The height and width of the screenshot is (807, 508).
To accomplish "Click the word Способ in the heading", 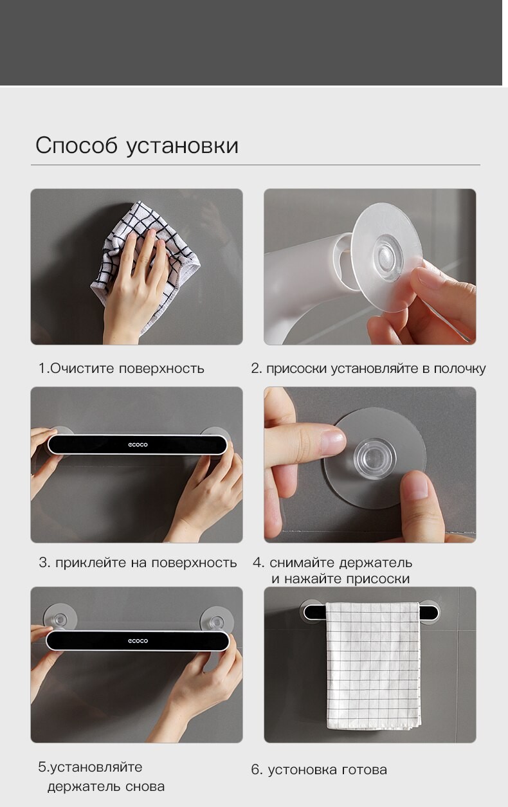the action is click(x=77, y=146).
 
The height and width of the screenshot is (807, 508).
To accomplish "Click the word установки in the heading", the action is click(x=183, y=147).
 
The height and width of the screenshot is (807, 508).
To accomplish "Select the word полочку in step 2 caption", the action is click(x=460, y=369).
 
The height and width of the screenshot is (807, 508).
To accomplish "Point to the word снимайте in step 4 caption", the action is click(x=302, y=563).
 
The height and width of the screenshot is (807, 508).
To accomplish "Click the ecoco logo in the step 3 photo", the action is click(x=138, y=444).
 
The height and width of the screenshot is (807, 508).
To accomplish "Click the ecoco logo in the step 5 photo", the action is click(x=138, y=640).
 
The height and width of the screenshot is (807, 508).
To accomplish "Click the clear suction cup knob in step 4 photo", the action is click(x=375, y=458).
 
